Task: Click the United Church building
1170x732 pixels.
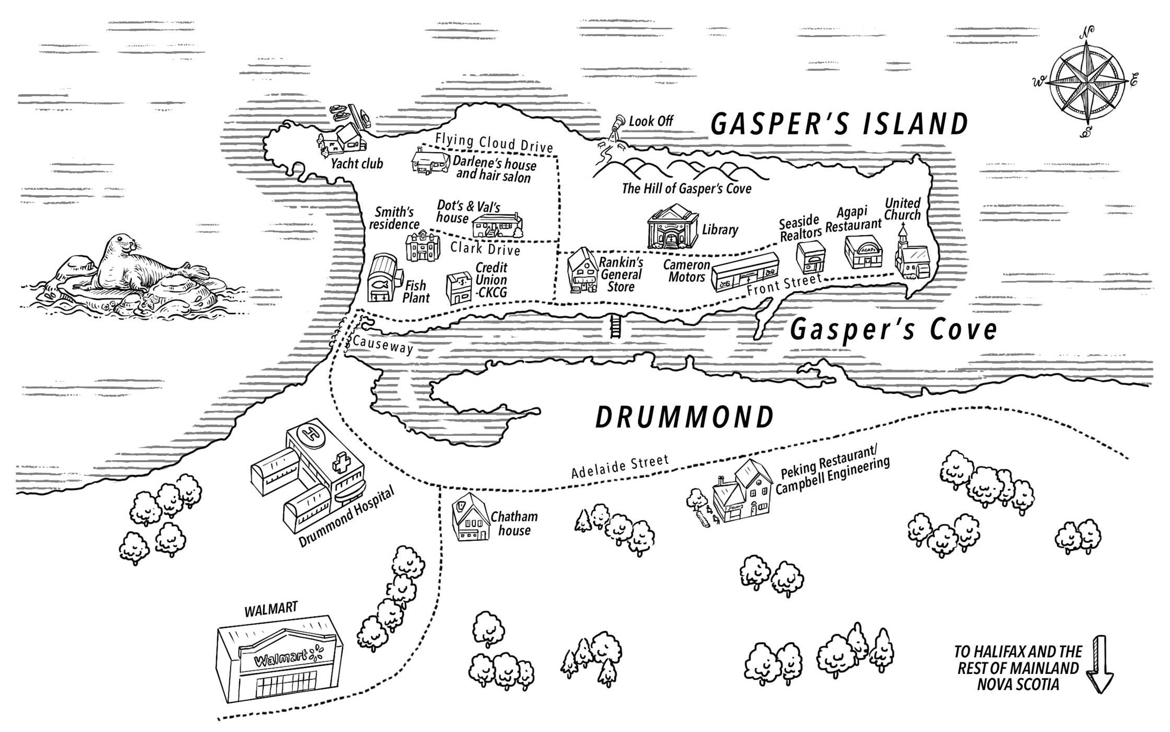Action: (x=912, y=253)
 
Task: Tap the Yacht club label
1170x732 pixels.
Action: (x=357, y=164)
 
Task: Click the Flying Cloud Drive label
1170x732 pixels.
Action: (x=494, y=143)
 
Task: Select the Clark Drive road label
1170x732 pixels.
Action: (x=485, y=248)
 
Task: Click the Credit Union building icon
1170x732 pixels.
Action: (x=459, y=288)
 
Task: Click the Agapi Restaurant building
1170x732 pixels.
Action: (x=863, y=252)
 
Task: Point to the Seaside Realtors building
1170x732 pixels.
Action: (x=811, y=256)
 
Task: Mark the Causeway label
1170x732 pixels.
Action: (x=383, y=345)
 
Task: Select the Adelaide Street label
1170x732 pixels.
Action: (x=620, y=466)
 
